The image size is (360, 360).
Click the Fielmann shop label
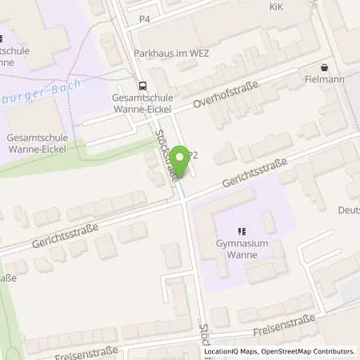324,81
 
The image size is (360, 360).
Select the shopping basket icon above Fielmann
324,68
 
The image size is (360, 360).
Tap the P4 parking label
145,18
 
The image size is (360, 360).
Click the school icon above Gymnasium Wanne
242,231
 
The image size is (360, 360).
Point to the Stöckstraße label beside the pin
167,156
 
